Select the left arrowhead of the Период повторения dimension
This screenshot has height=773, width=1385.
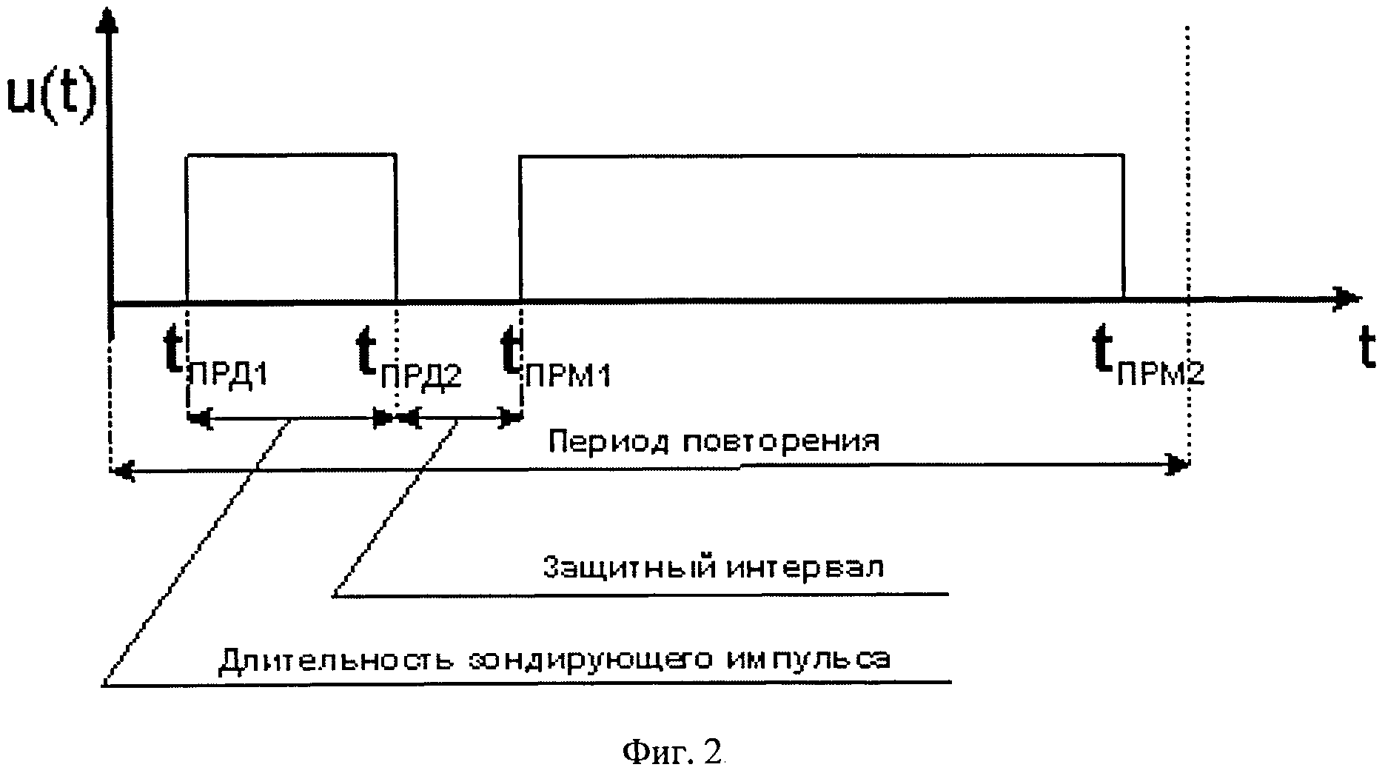(x=122, y=469)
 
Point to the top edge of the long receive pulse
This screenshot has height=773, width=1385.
(x=822, y=155)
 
